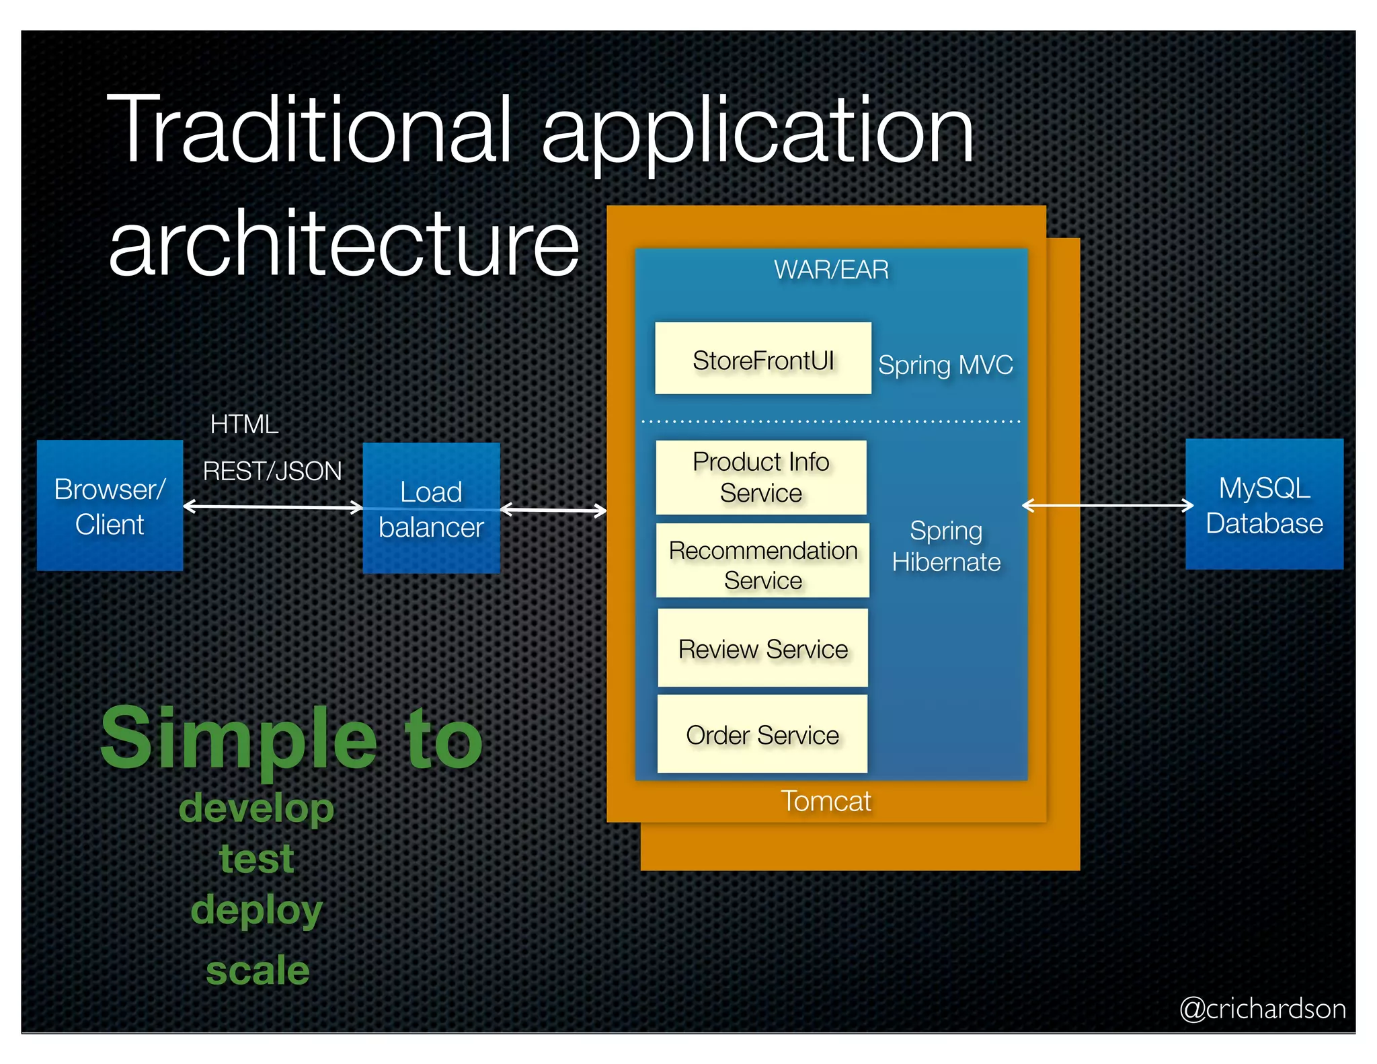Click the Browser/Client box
(110, 505)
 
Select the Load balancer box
(431, 508)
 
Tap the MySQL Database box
(1264, 504)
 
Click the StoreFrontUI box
(763, 358)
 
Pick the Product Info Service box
(761, 478)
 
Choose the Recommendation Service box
(762, 561)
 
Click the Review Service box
(762, 648)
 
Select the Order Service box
(762, 734)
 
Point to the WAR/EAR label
(831, 270)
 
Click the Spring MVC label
(945, 365)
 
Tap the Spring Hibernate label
(946, 546)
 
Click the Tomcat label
(826, 801)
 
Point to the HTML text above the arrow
(244, 424)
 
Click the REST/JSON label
(272, 471)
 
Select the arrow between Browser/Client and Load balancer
(272, 507)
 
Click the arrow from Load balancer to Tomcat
(553, 510)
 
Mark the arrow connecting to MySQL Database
(1107, 505)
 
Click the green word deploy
(257, 910)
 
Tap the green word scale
(258, 970)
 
